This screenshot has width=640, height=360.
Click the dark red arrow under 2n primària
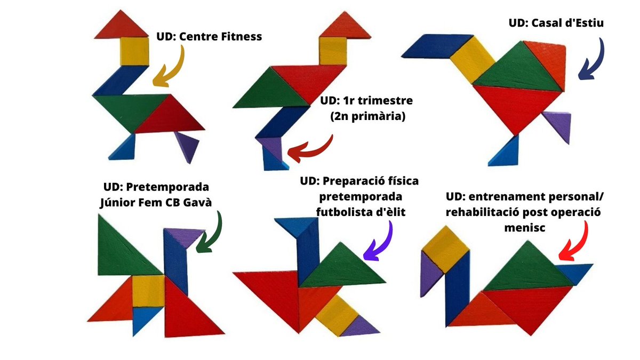point(313,150)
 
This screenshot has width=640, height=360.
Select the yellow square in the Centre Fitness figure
point(134,51)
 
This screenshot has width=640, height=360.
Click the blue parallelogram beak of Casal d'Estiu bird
point(435,45)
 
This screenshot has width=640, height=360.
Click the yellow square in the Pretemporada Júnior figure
point(148,291)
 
